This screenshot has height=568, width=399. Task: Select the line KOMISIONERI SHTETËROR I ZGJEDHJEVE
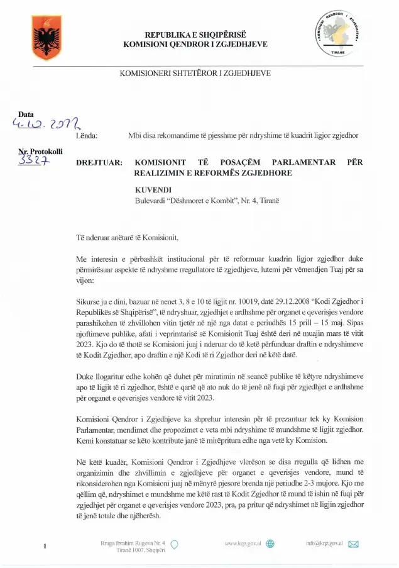(x=195, y=73)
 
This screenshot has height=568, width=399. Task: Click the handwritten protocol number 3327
(x=36, y=162)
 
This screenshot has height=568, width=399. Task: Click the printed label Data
(x=26, y=114)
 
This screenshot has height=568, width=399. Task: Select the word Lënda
(x=86, y=136)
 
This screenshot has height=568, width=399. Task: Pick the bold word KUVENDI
(x=153, y=189)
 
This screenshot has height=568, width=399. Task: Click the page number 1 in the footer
(x=45, y=546)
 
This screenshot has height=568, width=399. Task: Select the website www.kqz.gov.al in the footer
(x=243, y=543)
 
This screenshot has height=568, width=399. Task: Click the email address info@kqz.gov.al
(x=324, y=543)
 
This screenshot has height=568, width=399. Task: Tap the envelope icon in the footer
(x=353, y=543)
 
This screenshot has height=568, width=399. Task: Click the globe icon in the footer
(x=270, y=543)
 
